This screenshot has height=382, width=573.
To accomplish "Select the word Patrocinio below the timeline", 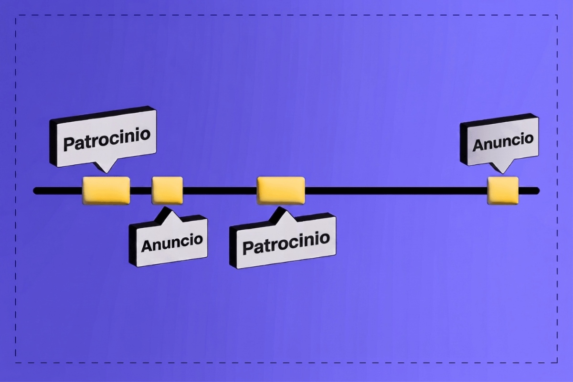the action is pos(286,243).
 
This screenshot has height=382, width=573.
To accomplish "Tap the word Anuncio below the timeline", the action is pos(172,243).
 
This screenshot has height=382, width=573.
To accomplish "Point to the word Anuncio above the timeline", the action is pos(503,142).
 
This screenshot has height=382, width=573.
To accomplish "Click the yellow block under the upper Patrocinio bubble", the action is pos(106,191).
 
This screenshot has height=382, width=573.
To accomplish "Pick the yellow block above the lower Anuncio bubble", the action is pos(167,191).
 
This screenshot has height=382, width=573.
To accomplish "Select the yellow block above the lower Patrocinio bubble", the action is pos(281,191).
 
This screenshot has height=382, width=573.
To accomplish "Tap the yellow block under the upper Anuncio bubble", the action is pos(503,191).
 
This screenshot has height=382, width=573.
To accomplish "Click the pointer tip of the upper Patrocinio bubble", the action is pos(106,173).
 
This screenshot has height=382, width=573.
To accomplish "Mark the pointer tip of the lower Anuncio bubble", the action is pos(168,207).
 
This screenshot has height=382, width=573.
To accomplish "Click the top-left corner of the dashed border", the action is pos(16,15).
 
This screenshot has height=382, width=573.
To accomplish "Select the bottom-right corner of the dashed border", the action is pos(557,362).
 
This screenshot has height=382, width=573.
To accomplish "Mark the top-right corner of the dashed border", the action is pos(557,15).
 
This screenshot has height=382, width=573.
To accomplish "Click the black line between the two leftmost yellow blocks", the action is pos(141,191).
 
